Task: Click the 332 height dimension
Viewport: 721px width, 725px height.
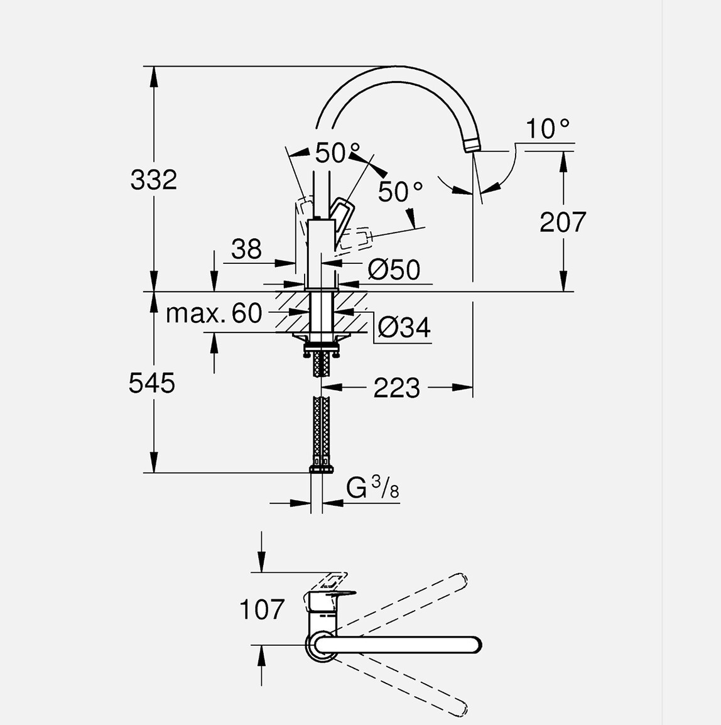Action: pos(154,180)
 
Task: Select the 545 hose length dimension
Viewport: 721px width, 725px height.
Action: pos(152,383)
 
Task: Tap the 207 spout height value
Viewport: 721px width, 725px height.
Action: pos(563,222)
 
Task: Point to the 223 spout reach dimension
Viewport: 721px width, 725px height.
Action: pos(396,388)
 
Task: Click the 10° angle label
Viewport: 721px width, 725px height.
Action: pos(547,129)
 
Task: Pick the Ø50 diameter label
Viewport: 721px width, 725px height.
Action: pos(394,270)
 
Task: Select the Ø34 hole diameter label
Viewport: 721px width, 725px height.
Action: pos(404,327)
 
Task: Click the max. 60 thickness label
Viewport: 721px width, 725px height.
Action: pos(214,313)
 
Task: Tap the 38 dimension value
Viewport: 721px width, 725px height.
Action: pos(246,249)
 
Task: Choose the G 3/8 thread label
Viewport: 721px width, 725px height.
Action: pos(372,488)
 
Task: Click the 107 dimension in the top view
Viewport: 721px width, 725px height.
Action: pos(262,609)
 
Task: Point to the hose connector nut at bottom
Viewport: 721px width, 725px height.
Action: pos(322,468)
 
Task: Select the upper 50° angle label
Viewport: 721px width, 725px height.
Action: pos(338,153)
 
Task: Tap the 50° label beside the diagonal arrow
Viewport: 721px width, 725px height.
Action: pos(400,192)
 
